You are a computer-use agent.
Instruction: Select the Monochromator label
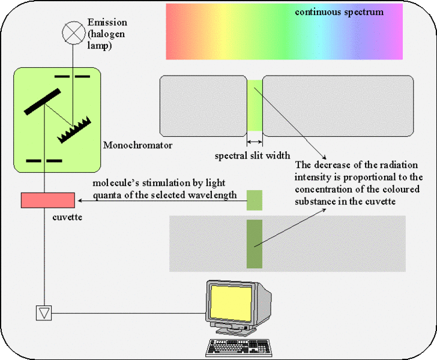[x=137, y=145]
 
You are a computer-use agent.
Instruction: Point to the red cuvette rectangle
[x=48, y=200]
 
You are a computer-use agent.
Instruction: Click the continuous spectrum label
[x=339, y=12]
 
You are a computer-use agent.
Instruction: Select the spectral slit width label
[x=252, y=156]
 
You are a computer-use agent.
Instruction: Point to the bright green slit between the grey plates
[x=255, y=105]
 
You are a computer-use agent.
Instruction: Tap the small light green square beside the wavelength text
[x=255, y=200]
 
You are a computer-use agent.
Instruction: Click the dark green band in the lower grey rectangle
[x=255, y=244]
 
